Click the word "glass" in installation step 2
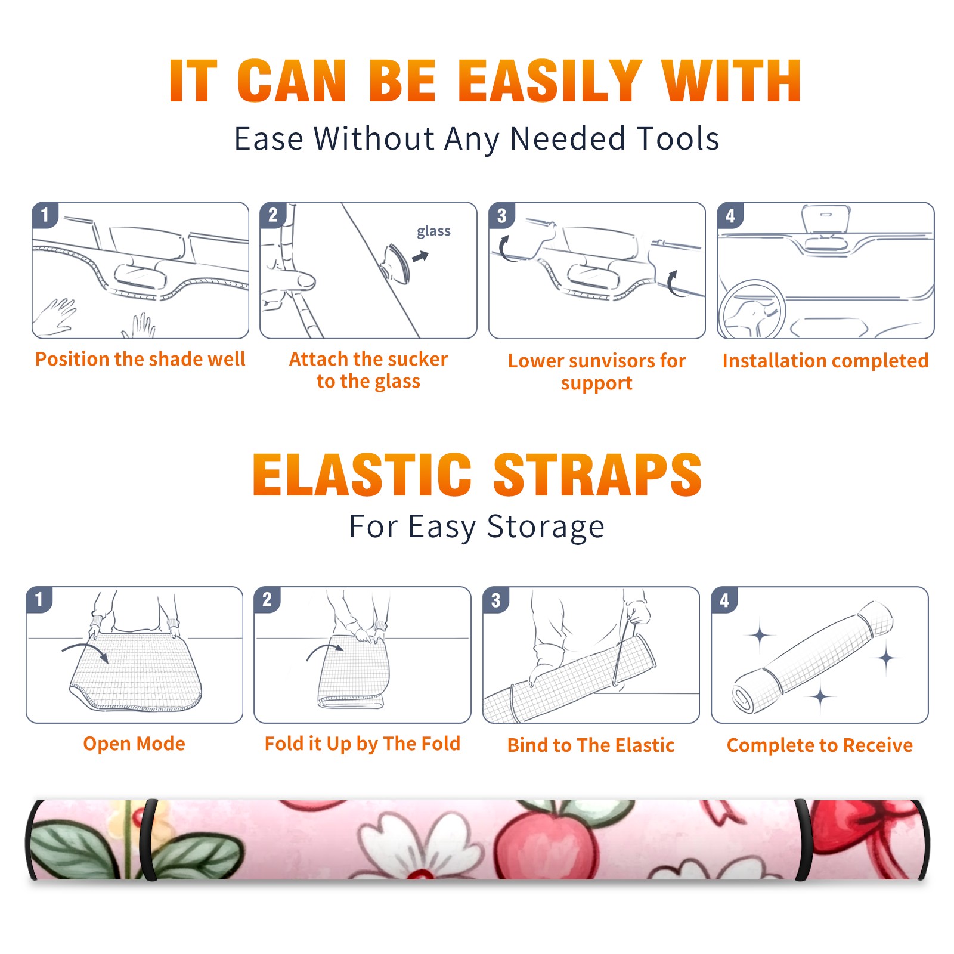(433, 231)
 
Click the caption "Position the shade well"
(140, 359)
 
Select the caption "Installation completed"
(825, 360)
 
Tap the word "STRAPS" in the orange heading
(597, 475)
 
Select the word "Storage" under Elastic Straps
(546, 527)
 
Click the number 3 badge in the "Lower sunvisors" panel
(501, 215)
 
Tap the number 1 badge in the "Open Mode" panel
(39, 599)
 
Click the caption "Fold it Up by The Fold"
(363, 744)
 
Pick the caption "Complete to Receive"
(820, 745)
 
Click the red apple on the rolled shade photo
(547, 842)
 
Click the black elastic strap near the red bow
(803, 840)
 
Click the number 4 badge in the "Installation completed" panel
(730, 215)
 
